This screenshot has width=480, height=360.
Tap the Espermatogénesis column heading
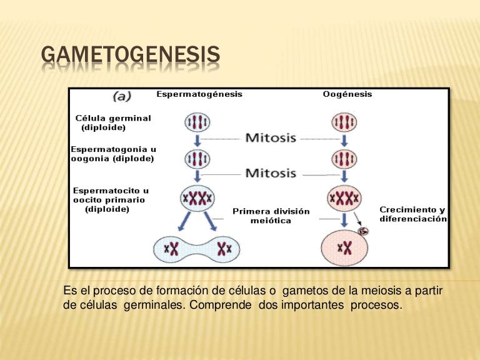click(199, 94)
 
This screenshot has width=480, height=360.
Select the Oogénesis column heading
click(347, 94)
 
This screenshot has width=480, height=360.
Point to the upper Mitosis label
click(270, 137)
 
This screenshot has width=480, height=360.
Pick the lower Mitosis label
click(270, 173)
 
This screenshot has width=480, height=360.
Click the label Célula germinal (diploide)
click(112, 122)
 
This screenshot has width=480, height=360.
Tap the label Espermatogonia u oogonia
click(113, 154)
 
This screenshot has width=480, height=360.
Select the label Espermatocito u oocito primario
click(109, 199)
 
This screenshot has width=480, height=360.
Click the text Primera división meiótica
click(271, 216)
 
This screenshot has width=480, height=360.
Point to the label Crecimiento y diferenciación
click(413, 214)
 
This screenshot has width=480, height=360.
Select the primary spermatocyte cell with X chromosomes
click(197, 199)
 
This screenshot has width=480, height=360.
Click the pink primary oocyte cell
click(344, 199)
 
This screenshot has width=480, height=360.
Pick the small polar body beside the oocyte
click(364, 231)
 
